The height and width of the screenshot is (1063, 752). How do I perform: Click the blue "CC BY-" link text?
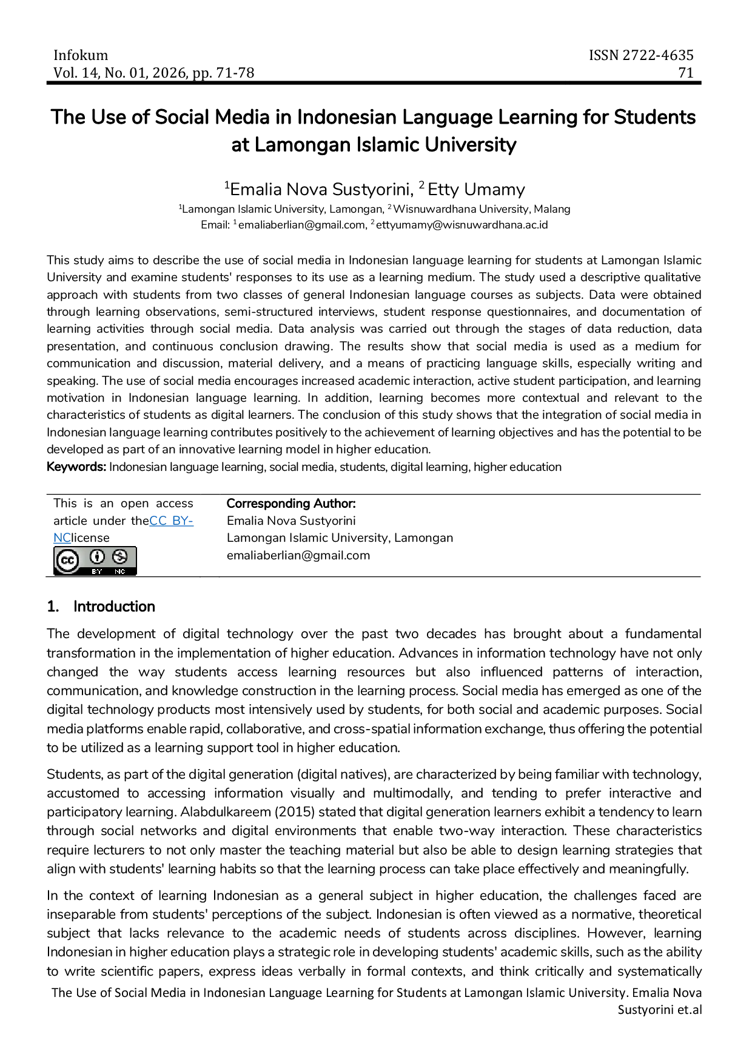tap(172, 521)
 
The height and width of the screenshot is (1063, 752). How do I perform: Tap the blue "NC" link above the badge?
tap(62, 537)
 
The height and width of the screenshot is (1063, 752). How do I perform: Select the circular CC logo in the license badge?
tap(67, 561)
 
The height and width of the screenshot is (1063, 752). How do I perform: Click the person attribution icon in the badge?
tap(97, 556)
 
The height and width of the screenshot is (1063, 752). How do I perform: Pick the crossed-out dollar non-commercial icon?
tap(119, 556)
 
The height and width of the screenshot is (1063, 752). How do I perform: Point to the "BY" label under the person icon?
tap(97, 571)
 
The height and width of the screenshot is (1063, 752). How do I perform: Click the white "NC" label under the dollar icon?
tap(119, 571)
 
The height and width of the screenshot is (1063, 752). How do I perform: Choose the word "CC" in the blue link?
tap(159, 521)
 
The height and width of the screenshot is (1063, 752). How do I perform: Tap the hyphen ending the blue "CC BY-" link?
tap(190, 522)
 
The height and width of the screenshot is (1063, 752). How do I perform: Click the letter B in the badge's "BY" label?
tap(95, 571)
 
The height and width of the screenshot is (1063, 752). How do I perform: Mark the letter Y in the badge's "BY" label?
tap(99, 571)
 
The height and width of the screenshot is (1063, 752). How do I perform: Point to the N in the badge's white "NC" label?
tap(117, 571)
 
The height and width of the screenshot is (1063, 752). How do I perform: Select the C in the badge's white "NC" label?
tap(123, 571)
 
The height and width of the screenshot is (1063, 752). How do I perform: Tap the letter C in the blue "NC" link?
tap(67, 537)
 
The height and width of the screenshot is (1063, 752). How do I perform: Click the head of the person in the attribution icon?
tap(97, 552)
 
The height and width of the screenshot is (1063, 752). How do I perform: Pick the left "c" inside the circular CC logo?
tap(64, 561)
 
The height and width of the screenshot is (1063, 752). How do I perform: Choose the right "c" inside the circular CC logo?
tap(71, 561)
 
